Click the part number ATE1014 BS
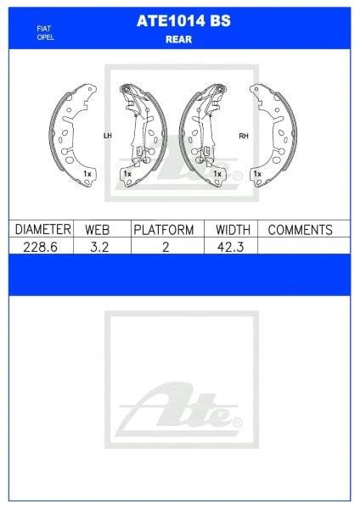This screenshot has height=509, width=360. (183, 21)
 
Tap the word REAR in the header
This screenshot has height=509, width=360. (178, 39)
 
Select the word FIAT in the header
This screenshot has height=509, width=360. (44, 29)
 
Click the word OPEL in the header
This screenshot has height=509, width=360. (46, 37)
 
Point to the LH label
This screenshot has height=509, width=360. (107, 136)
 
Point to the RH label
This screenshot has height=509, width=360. (244, 136)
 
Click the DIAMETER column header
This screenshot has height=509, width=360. (43, 229)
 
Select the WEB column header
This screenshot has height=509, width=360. (97, 230)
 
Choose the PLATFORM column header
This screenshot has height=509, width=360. (164, 230)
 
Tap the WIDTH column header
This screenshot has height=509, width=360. (233, 230)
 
